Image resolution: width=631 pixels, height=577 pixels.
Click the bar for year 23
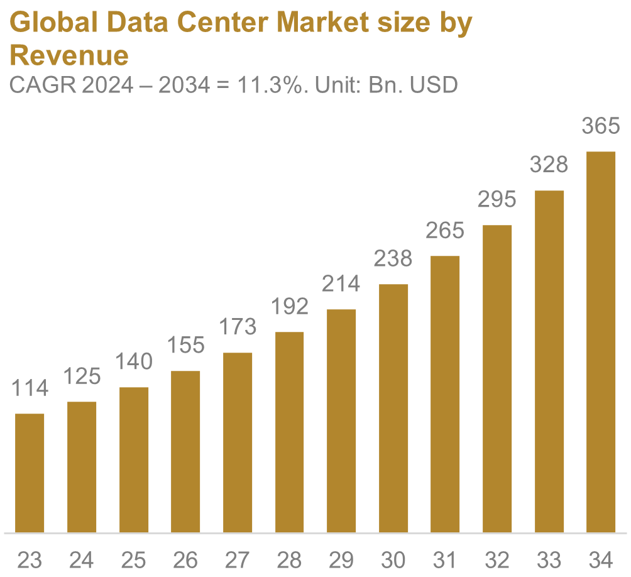pyautogui.click(x=30, y=473)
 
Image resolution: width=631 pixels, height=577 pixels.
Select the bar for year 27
pyautogui.click(x=238, y=442)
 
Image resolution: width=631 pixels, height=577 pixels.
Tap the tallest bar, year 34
pyautogui.click(x=601, y=342)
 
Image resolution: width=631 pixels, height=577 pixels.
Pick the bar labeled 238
pyautogui.click(x=394, y=408)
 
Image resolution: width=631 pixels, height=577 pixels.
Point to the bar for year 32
pyautogui.click(x=497, y=378)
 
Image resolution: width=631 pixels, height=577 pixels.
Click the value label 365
pyautogui.click(x=601, y=126)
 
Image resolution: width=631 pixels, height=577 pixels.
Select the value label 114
pyautogui.click(x=30, y=388)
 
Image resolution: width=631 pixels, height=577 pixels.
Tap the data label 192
pyautogui.click(x=290, y=306)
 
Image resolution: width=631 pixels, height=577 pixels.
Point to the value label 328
pyautogui.click(x=549, y=165)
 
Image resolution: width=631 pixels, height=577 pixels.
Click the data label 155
pyautogui.click(x=186, y=345)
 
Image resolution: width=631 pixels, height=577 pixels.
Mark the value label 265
pyautogui.click(x=445, y=231)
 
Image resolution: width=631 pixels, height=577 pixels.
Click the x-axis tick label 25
pyautogui.click(x=134, y=559)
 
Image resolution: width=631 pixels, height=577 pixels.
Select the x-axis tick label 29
pyautogui.click(x=342, y=559)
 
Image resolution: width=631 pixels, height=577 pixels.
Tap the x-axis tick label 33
pyautogui.click(x=549, y=559)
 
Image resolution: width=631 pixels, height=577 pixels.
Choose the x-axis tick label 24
pyautogui.click(x=82, y=559)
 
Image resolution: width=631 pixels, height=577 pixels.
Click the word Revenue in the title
pyautogui.click(x=69, y=56)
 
